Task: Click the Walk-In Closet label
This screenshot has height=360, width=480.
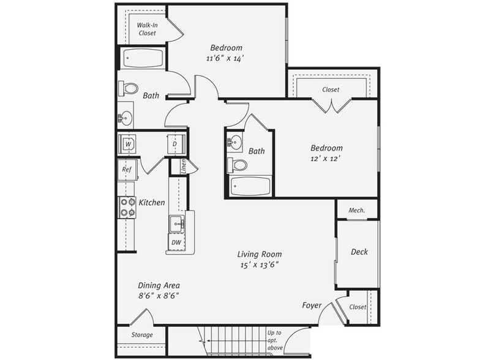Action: [146, 29]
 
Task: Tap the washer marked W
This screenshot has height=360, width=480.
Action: [128, 144]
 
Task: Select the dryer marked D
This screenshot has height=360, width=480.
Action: [174, 144]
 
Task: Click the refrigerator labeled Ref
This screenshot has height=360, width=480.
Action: [127, 170]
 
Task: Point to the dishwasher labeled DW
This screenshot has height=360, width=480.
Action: [176, 243]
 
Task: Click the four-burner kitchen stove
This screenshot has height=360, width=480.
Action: [127, 208]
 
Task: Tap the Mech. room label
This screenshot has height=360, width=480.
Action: [356, 210]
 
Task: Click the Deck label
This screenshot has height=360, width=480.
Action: [359, 252]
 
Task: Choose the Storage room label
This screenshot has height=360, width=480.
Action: [142, 335]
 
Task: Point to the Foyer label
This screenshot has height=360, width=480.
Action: [312, 305]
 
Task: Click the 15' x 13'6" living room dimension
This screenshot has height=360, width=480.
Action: [260, 265]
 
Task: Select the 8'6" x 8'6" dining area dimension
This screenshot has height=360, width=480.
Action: [158, 295]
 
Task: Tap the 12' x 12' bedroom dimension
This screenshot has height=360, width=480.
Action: [326, 158]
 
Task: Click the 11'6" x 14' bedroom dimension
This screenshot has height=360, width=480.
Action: [226, 59]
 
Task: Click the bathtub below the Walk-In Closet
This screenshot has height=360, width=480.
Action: [143, 58]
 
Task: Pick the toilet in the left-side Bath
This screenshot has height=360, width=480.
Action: [129, 88]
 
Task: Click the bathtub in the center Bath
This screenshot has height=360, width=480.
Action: [250, 186]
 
